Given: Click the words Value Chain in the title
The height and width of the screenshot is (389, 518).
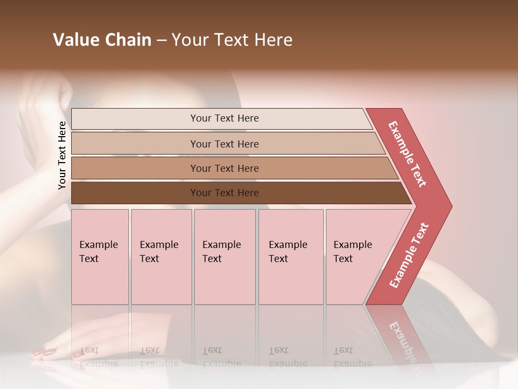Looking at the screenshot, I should (x=102, y=40).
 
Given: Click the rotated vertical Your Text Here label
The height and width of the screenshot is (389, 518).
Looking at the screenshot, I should (x=62, y=155).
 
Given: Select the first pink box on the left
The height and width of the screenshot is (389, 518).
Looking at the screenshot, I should (x=100, y=257).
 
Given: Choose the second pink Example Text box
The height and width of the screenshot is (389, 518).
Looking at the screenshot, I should (x=161, y=257).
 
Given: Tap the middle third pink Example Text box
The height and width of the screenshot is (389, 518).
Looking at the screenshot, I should (x=224, y=257).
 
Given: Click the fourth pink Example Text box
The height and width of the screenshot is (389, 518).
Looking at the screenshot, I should (x=291, y=257).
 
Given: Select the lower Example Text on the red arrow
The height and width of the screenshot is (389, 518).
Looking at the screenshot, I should (x=409, y=256).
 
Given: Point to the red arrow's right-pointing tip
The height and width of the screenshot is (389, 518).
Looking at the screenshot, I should (x=449, y=206).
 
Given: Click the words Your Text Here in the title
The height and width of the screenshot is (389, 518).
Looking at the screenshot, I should (x=232, y=40).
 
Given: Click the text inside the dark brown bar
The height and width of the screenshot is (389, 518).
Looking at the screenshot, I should (x=224, y=193).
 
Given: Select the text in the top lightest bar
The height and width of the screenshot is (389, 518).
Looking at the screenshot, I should (x=224, y=118).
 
